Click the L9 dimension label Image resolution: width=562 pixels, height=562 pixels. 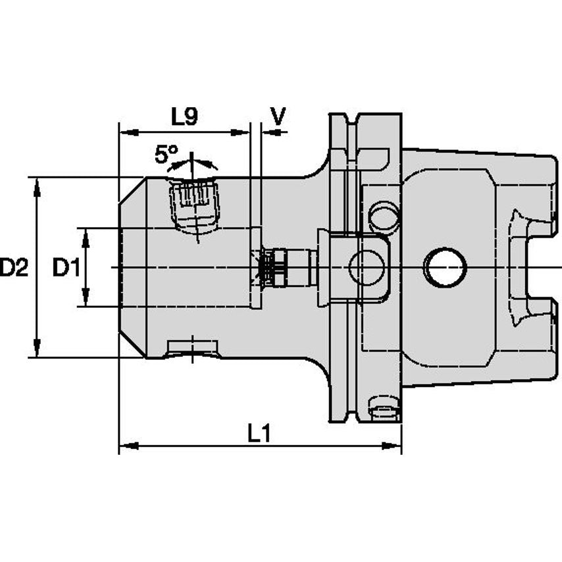[x=184, y=116]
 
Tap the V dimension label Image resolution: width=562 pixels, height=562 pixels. [x=278, y=116]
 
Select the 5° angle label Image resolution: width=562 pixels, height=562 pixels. [x=166, y=155]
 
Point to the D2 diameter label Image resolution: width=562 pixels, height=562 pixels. [x=14, y=268]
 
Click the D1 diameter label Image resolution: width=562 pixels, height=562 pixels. [x=66, y=268]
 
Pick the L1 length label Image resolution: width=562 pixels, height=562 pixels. [x=261, y=432]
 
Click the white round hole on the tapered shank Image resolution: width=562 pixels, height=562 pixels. [x=445, y=267]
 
